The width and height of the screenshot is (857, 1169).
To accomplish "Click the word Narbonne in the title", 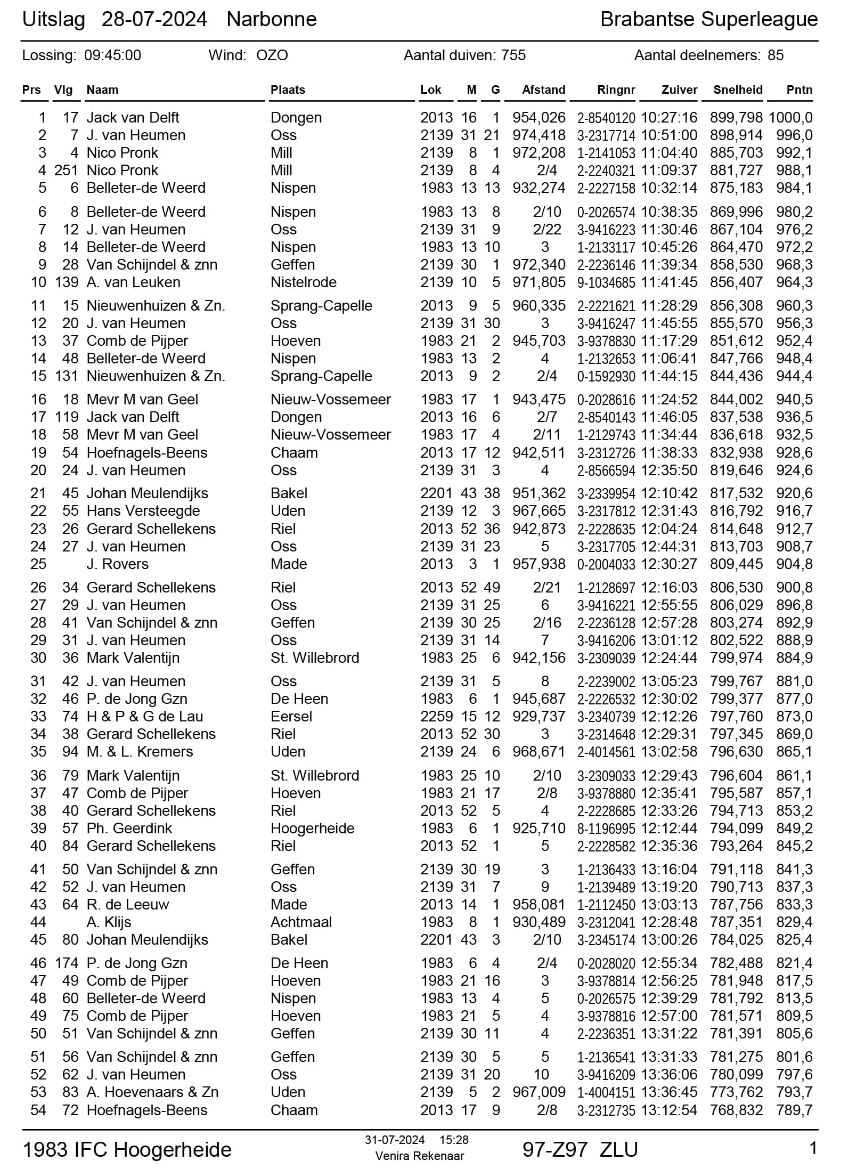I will [x=272, y=20].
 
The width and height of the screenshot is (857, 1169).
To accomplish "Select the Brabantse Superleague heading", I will [x=708, y=20].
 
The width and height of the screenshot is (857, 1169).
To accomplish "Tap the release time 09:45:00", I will [x=112, y=55].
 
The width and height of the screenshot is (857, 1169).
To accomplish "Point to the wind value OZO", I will [x=272, y=55].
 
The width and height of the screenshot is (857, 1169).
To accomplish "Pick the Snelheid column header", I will [x=738, y=90].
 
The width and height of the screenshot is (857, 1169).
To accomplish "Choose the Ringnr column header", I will [x=616, y=90].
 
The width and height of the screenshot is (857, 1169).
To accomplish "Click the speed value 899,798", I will [x=736, y=118].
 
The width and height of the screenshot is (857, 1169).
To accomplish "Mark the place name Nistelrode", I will [x=303, y=282].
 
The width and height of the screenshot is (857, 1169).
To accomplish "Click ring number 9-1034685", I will [x=606, y=282].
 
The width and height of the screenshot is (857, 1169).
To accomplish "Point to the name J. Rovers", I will [x=117, y=564].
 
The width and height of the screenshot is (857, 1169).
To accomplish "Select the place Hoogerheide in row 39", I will [x=312, y=829].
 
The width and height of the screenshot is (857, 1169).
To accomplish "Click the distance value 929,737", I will [x=538, y=717].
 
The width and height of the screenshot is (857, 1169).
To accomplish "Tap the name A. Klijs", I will [x=109, y=922].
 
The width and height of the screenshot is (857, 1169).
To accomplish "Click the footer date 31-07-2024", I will [x=395, y=1140].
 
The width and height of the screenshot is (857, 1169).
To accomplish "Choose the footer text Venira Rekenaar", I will [x=419, y=1156].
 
